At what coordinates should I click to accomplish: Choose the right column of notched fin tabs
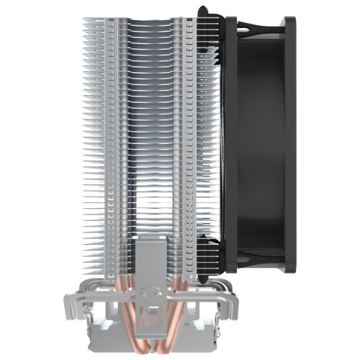pyautogui.click(x=189, y=144)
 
